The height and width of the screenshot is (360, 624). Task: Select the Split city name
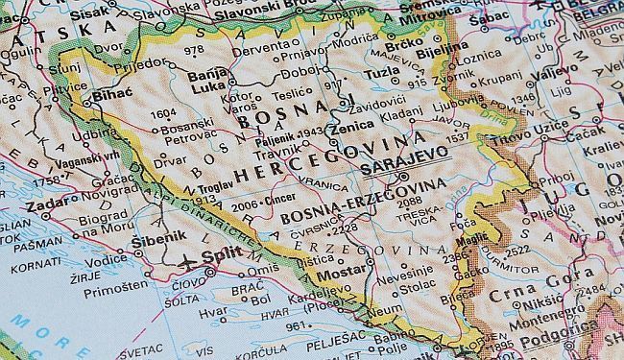click(x=221, y=258)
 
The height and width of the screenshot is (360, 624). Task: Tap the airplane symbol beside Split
click(x=185, y=259)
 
